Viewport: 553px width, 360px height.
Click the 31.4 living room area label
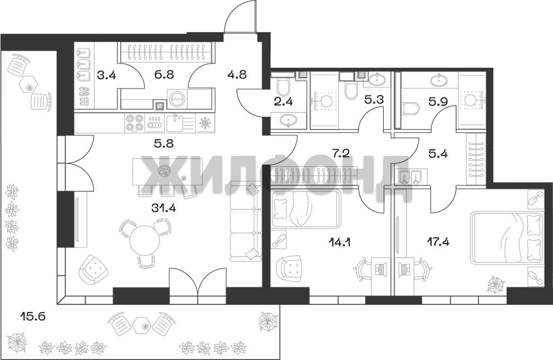click(164, 208)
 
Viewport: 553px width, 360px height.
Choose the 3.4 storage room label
click(106, 75)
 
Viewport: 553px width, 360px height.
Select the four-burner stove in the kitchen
click(134, 122)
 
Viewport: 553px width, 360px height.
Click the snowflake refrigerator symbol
click(204, 123)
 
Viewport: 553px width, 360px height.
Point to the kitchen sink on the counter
click(174, 122)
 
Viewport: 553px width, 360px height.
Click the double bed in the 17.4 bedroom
click(507, 237)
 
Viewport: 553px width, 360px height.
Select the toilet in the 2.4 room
click(283, 87)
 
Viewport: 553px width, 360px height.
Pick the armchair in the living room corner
click(95, 269)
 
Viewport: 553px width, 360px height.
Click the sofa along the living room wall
click(246, 221)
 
